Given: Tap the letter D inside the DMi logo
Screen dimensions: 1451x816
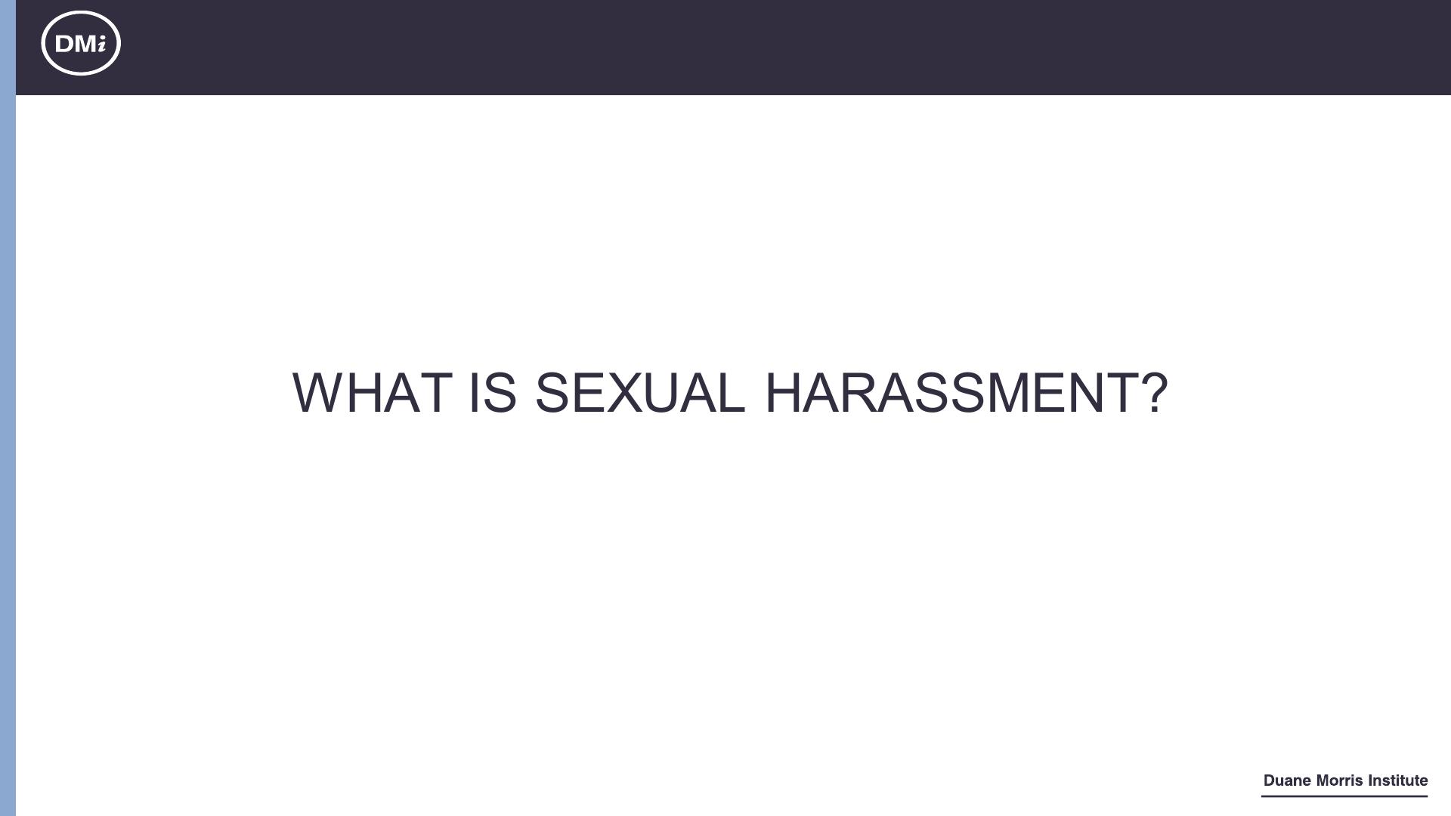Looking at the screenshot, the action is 64,44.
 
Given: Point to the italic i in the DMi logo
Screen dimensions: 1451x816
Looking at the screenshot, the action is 101,44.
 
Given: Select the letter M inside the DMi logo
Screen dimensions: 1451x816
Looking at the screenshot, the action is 85,44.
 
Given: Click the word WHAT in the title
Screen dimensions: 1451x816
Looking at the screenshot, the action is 372,393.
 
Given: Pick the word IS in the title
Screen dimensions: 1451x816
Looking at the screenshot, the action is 493,393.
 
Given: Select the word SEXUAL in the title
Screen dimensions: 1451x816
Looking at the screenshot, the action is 639,393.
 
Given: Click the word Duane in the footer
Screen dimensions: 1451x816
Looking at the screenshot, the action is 1287,780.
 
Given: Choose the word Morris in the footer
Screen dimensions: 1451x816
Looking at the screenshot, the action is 1340,780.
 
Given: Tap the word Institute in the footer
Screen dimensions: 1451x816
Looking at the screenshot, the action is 1398,780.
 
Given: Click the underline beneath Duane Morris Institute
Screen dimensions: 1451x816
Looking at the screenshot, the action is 1344,796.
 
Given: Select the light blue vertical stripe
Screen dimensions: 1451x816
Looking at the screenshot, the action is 8,408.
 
